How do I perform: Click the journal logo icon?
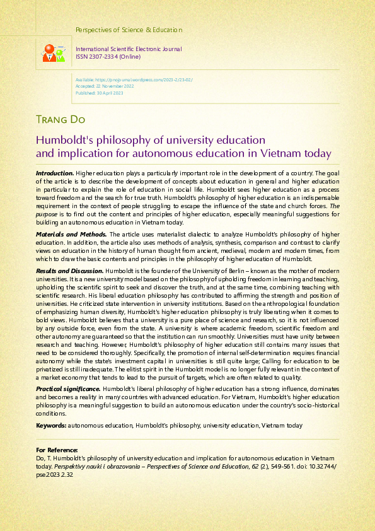click(53, 52)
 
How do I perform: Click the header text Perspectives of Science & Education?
click(129, 30)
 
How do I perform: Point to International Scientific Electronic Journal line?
click(129, 49)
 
